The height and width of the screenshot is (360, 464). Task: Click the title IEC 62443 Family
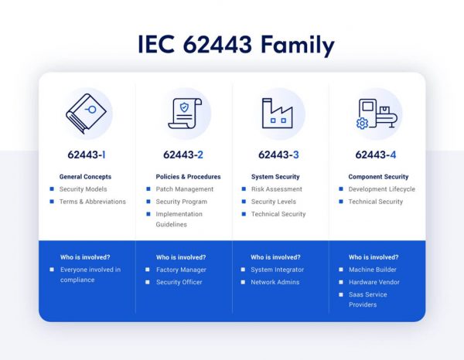pos(236,44)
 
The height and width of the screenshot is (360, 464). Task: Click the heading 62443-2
pos(183,155)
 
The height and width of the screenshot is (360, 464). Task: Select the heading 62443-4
pos(376,155)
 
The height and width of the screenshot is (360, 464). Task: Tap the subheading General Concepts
pos(86,177)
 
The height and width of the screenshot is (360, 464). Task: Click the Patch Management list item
pos(184,189)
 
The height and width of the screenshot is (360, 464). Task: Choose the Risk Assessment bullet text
pos(276,189)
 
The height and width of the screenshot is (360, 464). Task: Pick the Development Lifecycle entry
pos(381,189)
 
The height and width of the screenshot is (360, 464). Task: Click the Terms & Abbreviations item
pos(93,202)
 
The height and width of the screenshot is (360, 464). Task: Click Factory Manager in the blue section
pos(181,270)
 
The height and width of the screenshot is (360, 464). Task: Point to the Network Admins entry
pos(275,282)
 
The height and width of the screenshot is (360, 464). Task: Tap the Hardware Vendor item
pos(374,282)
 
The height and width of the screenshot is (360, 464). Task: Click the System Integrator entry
pos(277,270)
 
